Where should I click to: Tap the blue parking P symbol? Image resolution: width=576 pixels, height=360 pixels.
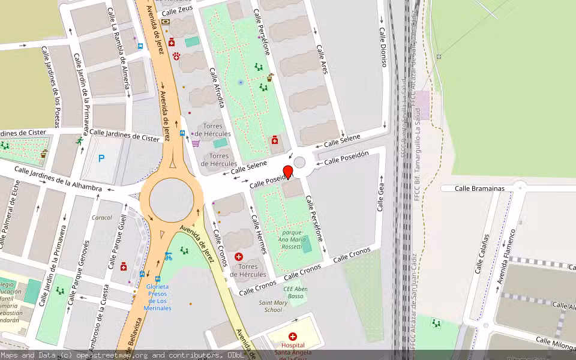[x=101, y=158]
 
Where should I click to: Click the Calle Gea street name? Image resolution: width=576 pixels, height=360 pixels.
[x=380, y=194]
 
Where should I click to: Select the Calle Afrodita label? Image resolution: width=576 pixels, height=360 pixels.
[x=217, y=88]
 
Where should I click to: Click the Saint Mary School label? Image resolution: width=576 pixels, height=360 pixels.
[x=272, y=306]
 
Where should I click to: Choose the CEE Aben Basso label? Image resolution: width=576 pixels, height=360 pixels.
[x=296, y=292]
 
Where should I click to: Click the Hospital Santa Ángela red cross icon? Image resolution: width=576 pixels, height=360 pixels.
[x=293, y=337]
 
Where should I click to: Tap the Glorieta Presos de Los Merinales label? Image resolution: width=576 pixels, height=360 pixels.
[x=157, y=297]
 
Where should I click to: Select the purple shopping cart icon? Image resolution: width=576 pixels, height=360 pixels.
[x=196, y=143]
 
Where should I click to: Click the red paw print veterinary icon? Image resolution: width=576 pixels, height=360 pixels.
[x=176, y=56]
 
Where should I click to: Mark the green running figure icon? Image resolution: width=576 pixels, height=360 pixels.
[x=79, y=141]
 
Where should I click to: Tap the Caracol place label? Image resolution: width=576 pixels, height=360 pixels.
[x=101, y=217]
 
